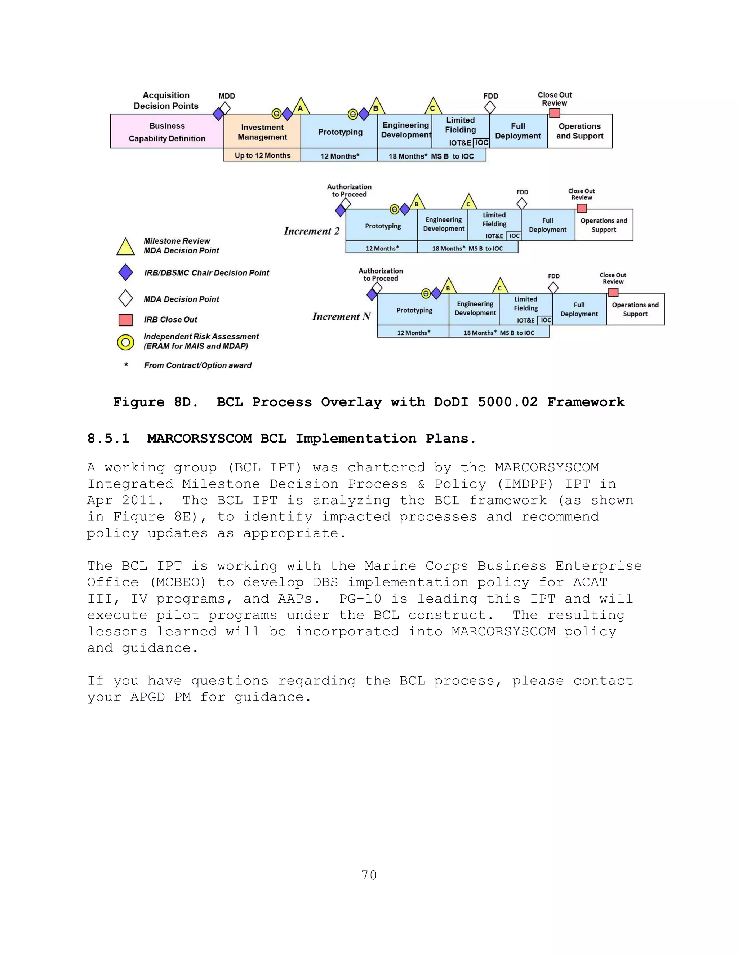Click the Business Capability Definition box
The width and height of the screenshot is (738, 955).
(x=166, y=131)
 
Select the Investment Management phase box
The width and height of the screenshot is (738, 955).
(x=262, y=132)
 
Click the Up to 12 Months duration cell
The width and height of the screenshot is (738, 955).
(x=262, y=155)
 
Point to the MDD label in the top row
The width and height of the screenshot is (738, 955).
(x=226, y=96)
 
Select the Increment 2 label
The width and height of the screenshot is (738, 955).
(x=311, y=231)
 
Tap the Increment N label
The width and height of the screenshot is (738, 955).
(x=341, y=316)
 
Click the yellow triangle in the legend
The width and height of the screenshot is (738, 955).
(x=125, y=248)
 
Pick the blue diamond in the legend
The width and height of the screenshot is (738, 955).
(x=125, y=272)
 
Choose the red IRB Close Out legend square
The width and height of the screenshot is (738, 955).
(x=125, y=320)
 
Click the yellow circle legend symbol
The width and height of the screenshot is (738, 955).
(x=125, y=342)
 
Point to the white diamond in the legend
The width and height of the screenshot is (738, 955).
(x=125, y=299)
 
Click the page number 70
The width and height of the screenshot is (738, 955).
(x=369, y=875)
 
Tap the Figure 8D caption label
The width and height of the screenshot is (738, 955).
(x=155, y=402)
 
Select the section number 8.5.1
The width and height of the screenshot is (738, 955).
(x=108, y=438)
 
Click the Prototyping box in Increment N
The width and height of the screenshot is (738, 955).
(x=414, y=310)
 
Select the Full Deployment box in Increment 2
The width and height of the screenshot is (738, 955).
(x=547, y=225)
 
